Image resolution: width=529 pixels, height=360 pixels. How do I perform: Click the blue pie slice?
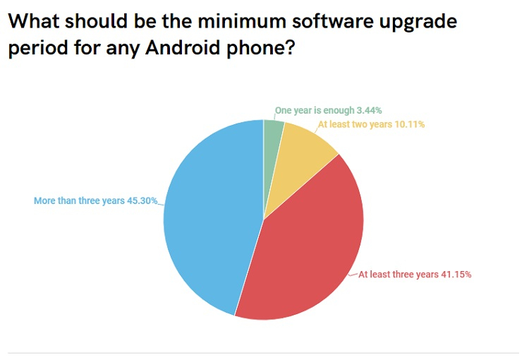pos(205,219)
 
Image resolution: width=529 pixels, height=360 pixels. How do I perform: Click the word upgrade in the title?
pos(417,22)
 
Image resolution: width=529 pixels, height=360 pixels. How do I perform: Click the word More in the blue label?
pos(45,201)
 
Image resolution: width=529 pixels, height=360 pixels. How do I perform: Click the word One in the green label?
pos(284,110)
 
